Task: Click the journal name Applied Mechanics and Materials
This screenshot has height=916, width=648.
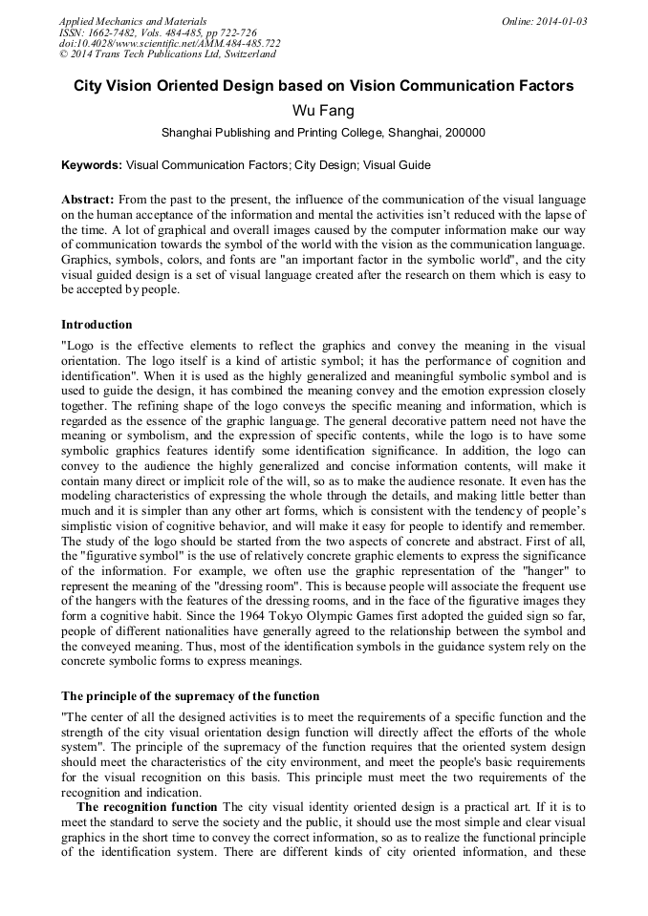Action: point(132,21)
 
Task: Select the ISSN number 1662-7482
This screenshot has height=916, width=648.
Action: point(119,32)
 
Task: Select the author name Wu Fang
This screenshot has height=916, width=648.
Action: point(323,111)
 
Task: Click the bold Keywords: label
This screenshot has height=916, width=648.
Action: point(92,165)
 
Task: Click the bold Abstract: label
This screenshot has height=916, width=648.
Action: point(88,199)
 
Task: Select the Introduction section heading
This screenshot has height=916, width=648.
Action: point(97,325)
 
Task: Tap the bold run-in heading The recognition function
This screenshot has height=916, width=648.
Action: point(148,806)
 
